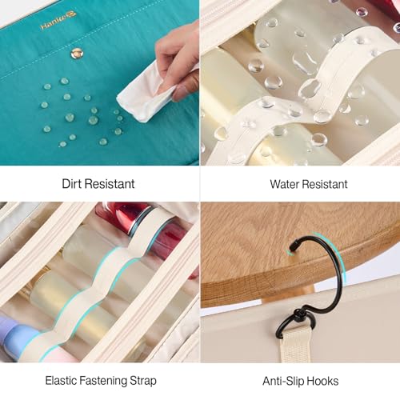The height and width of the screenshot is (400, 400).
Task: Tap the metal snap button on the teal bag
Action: click(x=77, y=54)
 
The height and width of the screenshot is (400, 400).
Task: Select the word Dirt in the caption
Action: click(x=72, y=184)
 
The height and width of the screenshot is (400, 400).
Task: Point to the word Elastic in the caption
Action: click(x=61, y=381)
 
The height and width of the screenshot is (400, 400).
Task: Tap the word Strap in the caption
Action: click(x=143, y=381)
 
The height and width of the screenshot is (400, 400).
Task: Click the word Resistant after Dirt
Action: click(x=110, y=184)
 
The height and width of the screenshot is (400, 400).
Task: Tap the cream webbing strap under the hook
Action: click(x=294, y=346)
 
